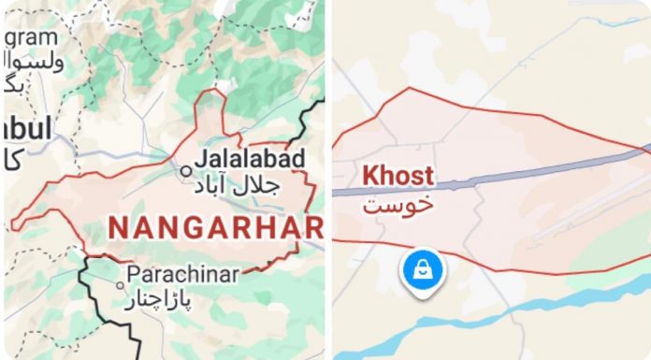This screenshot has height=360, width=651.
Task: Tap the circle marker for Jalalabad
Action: (x=187, y=171)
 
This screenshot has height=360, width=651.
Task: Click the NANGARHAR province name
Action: (x=216, y=226)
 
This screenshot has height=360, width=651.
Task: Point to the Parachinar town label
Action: (x=182, y=274)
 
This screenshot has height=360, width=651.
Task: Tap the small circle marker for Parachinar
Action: (x=120, y=284)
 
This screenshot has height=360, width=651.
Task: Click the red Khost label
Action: (x=398, y=175)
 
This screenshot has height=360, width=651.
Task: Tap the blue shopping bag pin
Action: (x=424, y=268)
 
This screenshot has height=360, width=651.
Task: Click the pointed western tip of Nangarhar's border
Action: (x=13, y=224)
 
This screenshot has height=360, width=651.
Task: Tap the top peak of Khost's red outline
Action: (x=410, y=90)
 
